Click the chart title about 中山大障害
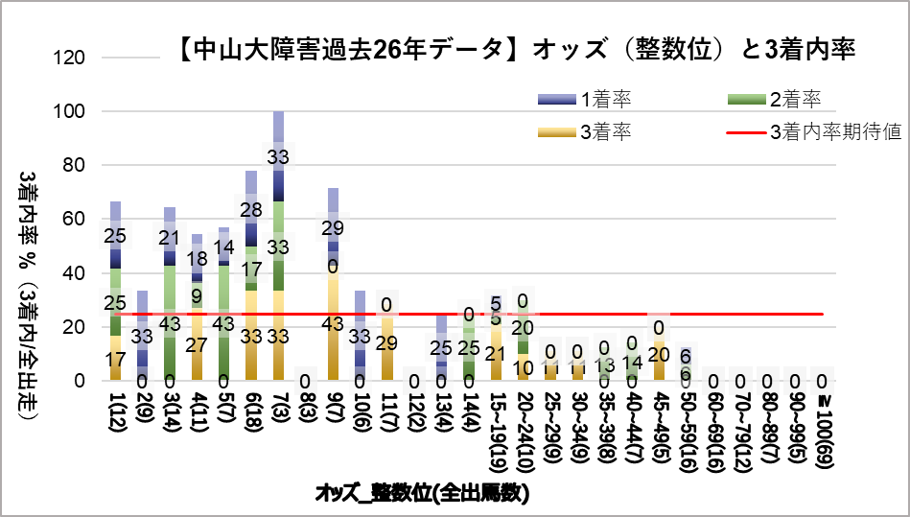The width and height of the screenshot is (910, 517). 517,49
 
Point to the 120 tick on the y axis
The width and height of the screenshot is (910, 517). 73,58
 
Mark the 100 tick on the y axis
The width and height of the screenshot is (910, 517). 73,111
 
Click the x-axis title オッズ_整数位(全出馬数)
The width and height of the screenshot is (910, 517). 423,494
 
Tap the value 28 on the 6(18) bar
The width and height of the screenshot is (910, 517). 251,210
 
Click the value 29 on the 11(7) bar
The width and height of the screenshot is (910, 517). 387,342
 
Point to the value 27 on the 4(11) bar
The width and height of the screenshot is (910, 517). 197,344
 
